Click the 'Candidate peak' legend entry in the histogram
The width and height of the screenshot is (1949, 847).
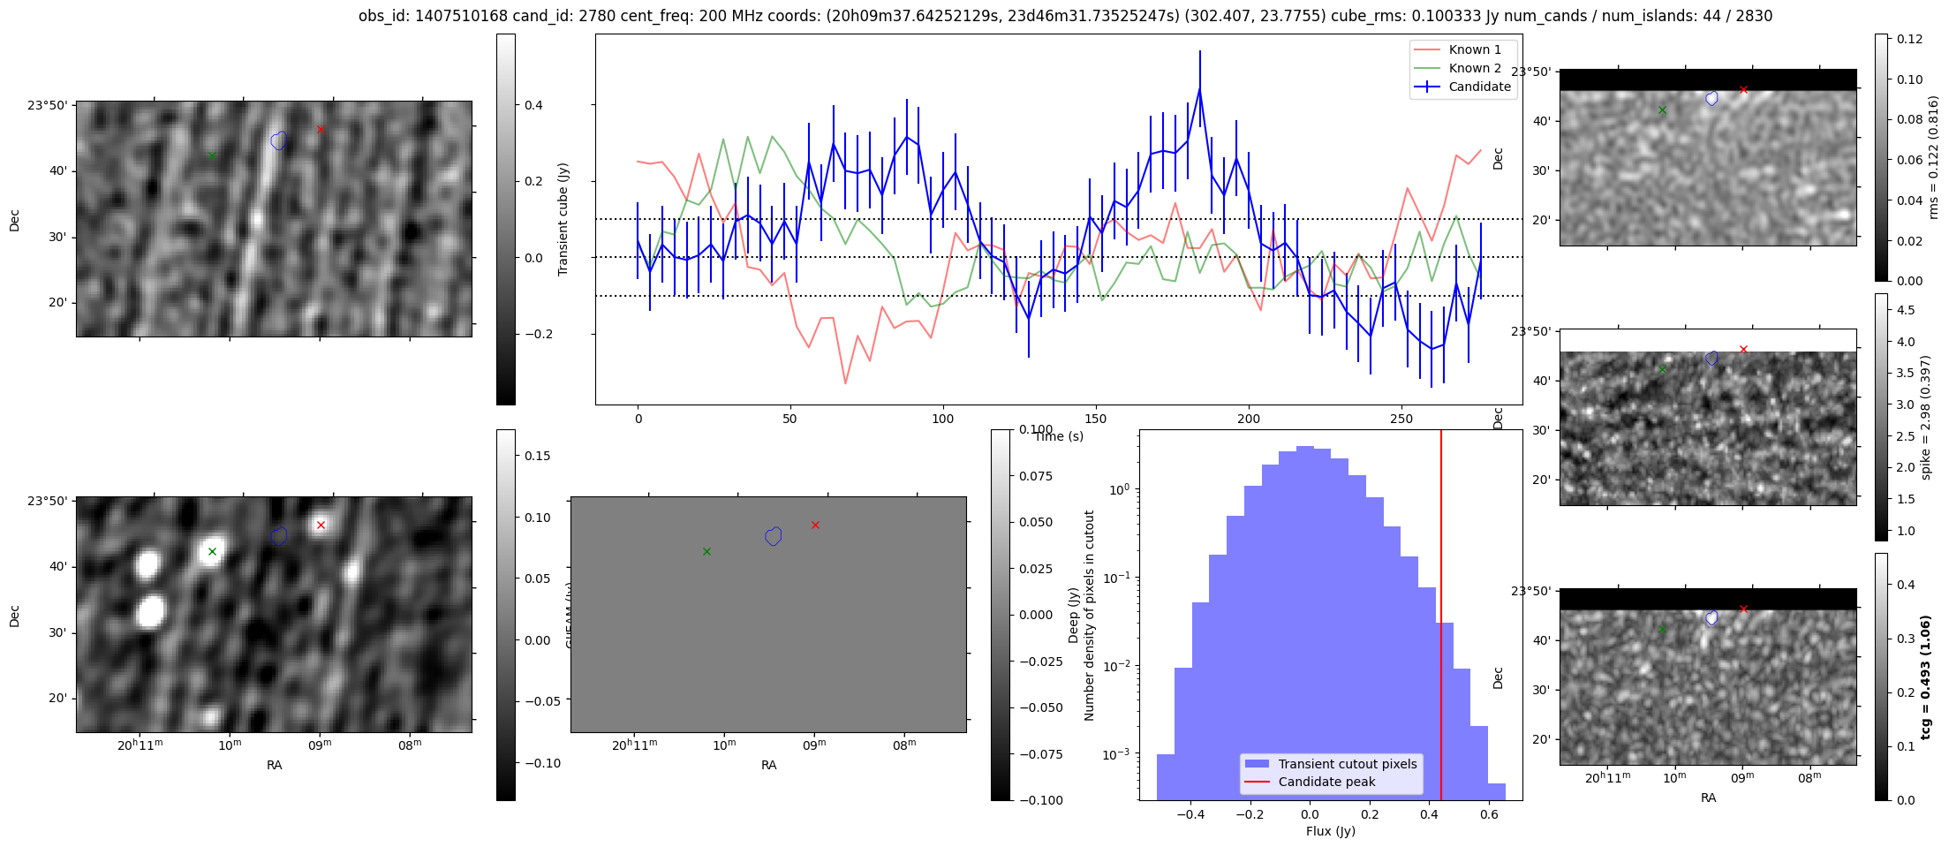coord(1326,782)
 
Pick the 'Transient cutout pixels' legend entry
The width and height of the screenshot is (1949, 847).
coord(1347,764)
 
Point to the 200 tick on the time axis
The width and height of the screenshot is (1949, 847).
coord(1248,419)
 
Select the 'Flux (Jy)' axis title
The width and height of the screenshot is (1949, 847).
coord(1330,831)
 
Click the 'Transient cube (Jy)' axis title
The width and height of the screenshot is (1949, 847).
coord(563,219)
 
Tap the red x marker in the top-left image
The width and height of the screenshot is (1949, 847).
coord(321,130)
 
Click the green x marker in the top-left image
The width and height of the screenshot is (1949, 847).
coord(212,155)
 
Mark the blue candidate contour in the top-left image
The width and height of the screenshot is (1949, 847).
coord(279,140)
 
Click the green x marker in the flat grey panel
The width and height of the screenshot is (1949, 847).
coord(706,551)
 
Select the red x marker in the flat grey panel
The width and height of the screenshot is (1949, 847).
coord(815,525)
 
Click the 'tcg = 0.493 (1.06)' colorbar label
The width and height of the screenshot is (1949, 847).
coord(1926,677)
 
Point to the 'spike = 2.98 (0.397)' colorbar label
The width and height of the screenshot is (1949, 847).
coord(1926,417)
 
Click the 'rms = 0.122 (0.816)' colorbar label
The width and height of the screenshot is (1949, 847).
coord(1933,157)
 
